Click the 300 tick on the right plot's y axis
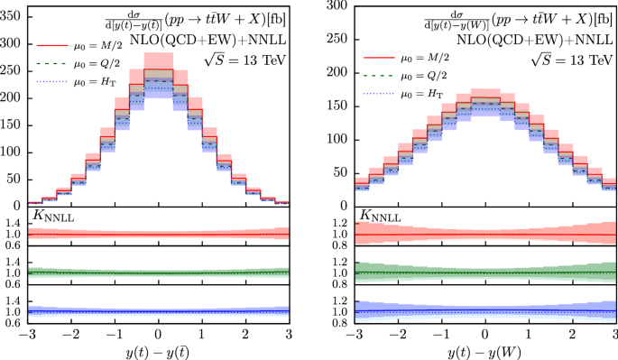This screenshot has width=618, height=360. pyautogui.click(x=335, y=5)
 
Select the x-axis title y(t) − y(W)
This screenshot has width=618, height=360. pyautogui.click(x=484, y=349)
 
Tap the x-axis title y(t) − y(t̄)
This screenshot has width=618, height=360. pyautogui.click(x=158, y=349)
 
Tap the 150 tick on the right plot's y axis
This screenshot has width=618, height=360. pyautogui.click(x=335, y=105)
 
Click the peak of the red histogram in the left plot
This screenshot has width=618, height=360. pyautogui.click(x=158, y=68)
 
